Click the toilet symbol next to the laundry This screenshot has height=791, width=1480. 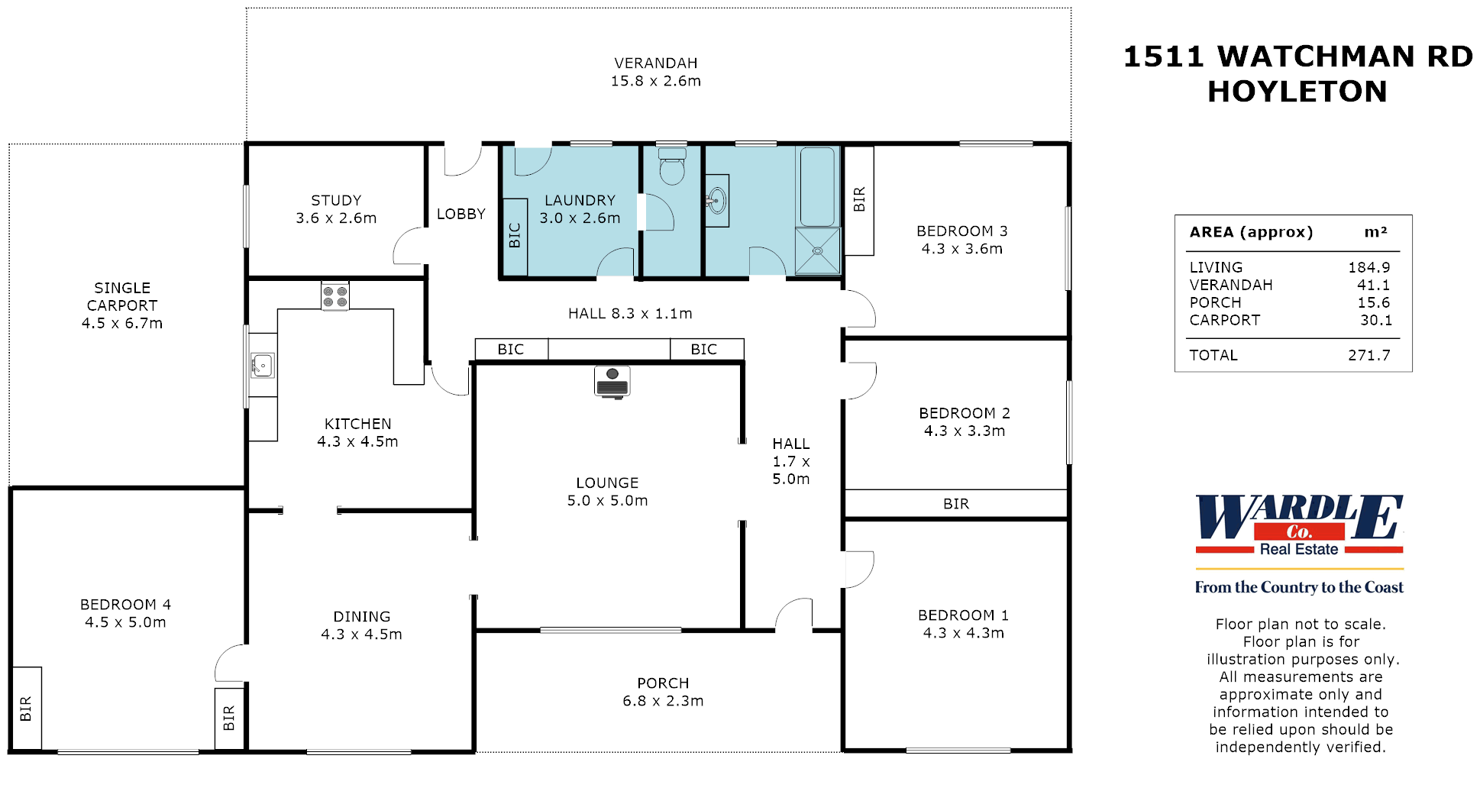click(672, 168)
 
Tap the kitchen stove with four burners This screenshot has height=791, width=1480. click(335, 296)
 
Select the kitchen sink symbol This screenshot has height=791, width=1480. click(263, 366)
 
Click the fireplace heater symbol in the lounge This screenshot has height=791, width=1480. click(612, 382)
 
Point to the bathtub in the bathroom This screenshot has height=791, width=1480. click(817, 186)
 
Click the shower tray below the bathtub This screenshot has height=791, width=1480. click(817, 250)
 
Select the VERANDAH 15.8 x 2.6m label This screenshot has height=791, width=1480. click(656, 72)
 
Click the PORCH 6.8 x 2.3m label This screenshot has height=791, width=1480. click(663, 692)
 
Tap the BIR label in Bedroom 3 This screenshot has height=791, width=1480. click(859, 199)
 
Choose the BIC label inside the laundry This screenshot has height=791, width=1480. click(515, 235)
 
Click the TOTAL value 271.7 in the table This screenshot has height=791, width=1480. click(1369, 355)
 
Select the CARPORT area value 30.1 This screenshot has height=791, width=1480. click(1375, 320)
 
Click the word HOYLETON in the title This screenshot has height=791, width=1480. click(1297, 92)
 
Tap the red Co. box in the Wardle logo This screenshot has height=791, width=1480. click(1298, 531)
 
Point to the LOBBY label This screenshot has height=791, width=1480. click(460, 214)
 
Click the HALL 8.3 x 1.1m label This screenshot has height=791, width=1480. click(630, 313)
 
